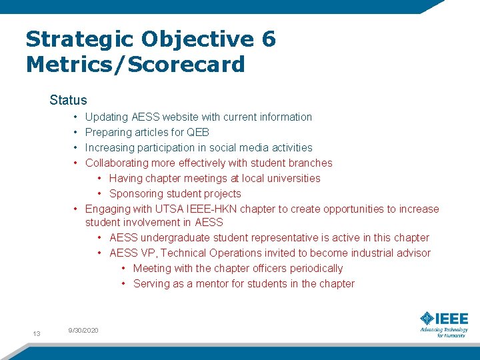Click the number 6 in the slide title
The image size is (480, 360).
(x=268, y=39)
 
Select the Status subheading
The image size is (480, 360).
(x=68, y=101)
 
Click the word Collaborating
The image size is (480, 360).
(x=117, y=163)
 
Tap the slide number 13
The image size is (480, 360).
(x=37, y=333)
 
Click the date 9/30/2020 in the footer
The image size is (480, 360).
(x=83, y=330)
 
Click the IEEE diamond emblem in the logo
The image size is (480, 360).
(x=427, y=319)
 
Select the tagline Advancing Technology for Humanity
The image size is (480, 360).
(x=443, y=332)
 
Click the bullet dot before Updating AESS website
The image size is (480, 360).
(x=77, y=117)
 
